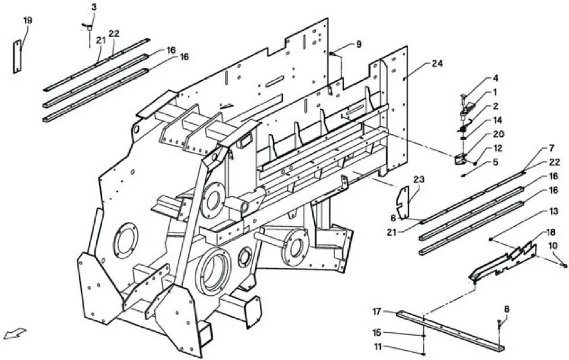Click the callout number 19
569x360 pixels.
point(27,20)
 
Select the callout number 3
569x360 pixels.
point(94,7)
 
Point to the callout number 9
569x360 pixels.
point(358,44)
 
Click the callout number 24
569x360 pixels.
point(437,64)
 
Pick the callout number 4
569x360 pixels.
point(496,78)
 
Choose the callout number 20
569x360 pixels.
point(498,134)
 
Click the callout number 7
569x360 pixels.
point(551,148)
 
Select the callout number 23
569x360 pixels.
point(419,180)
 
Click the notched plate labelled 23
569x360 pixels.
point(402,203)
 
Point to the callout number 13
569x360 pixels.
point(554,212)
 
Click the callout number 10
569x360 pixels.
point(553,246)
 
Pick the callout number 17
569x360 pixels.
point(377,311)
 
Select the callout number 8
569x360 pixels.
point(506,309)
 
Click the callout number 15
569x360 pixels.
point(378,332)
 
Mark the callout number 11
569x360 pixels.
point(378,347)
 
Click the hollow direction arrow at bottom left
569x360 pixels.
point(15,333)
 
